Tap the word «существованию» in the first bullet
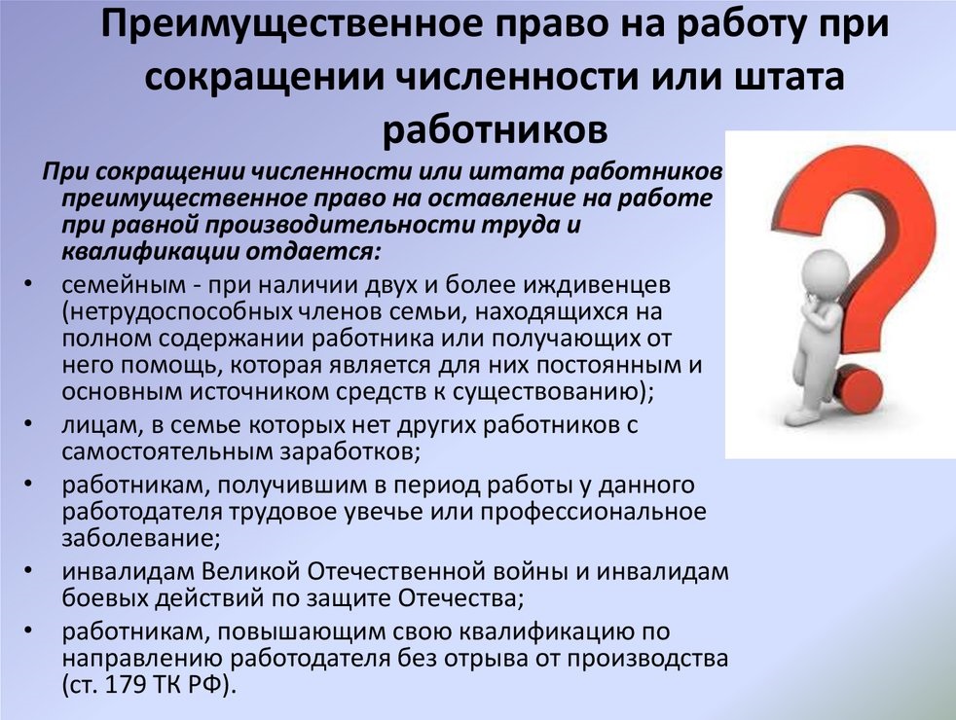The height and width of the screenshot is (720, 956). (x=548, y=392)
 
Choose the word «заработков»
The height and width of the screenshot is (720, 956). (x=349, y=452)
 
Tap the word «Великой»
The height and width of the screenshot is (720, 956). (x=250, y=572)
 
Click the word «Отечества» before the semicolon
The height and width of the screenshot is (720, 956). (x=458, y=598)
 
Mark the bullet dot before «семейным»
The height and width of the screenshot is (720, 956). (x=28, y=285)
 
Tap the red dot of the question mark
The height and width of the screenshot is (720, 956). (x=858, y=389)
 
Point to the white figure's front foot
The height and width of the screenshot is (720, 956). (x=800, y=416)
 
